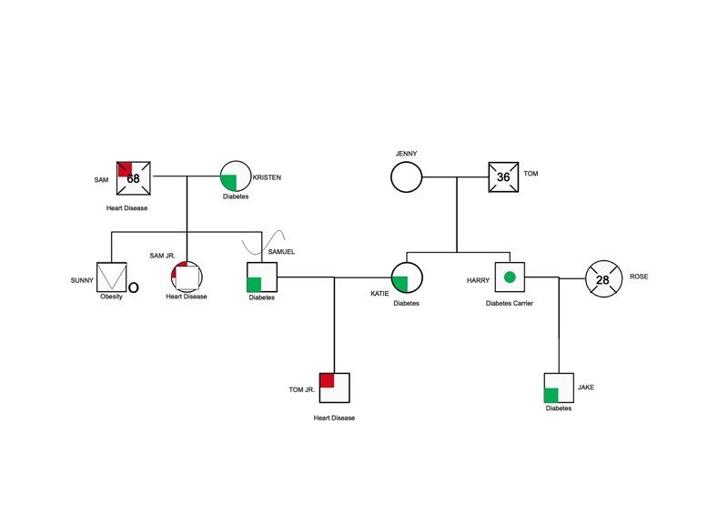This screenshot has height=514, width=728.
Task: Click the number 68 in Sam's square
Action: [133, 178]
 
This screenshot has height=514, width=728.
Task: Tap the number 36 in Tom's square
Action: [503, 176]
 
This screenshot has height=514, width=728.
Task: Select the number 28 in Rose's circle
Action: [602, 280]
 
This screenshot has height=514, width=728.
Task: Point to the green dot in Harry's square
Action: [510, 277]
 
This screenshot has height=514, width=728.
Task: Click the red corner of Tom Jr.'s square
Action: [327, 380]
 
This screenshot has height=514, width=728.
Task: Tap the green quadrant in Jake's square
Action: [551, 395]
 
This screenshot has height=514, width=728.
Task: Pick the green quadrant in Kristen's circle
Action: [229, 183]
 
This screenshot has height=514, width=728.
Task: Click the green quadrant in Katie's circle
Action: [400, 284]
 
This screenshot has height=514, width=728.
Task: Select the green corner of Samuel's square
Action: [254, 285]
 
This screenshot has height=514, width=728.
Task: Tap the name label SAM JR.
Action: [163, 256]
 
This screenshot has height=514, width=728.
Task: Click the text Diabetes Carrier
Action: [510, 303]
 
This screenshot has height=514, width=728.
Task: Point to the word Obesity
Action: [111, 297]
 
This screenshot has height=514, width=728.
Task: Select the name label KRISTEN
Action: [267, 177]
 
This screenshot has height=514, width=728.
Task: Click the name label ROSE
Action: [639, 277]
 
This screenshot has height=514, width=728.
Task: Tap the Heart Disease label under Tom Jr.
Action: [334, 418]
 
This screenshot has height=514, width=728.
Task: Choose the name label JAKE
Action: [586, 388]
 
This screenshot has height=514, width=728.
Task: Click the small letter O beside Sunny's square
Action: [133, 287]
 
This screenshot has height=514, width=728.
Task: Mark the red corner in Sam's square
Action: [126, 169]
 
